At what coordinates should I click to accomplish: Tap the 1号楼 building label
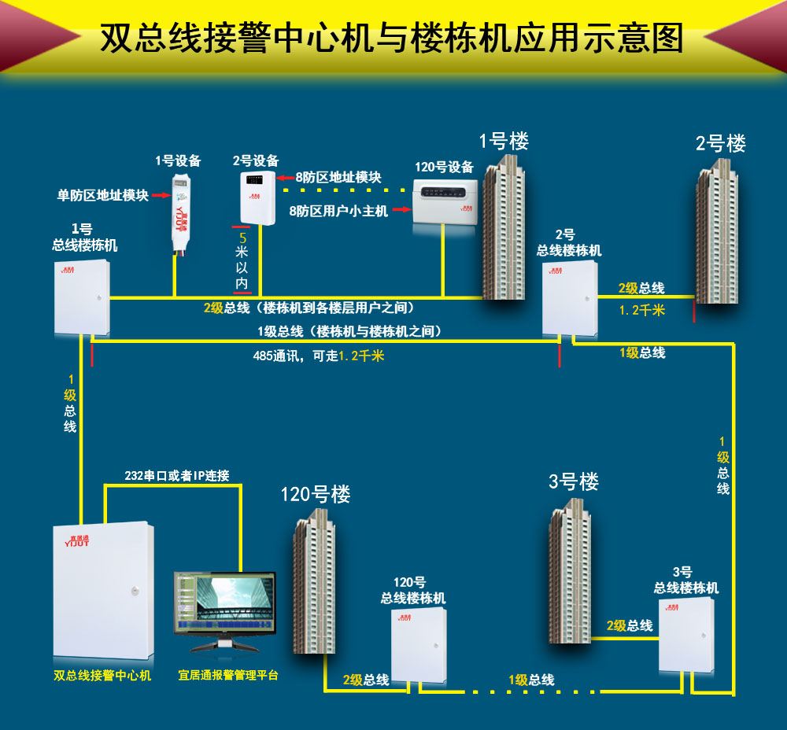(504, 141)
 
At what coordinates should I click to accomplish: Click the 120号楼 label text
(316, 495)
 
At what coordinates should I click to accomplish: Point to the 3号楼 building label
(573, 482)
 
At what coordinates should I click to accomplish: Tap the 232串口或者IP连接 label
(177, 476)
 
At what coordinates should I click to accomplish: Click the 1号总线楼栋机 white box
(82, 297)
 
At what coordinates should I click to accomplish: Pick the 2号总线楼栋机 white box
(570, 297)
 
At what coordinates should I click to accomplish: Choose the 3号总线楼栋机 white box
(686, 634)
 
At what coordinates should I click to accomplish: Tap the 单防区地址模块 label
(103, 195)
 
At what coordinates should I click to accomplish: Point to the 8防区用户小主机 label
(338, 211)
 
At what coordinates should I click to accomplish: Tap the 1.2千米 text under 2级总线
(641, 310)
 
